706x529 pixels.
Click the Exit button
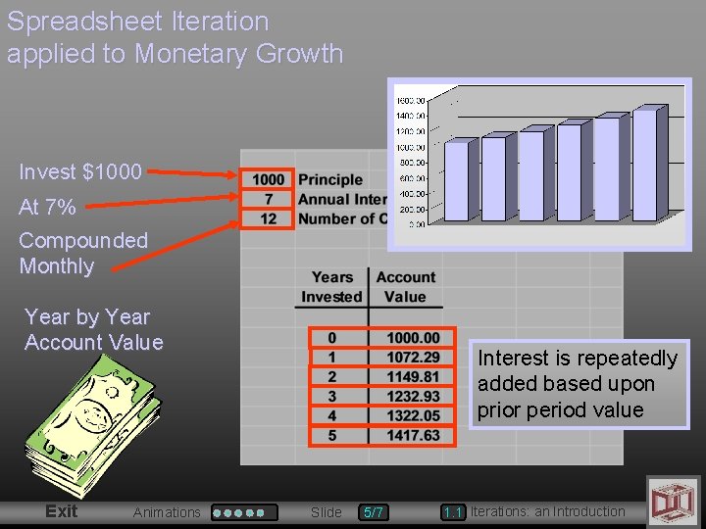(61, 511)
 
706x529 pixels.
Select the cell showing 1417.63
(412, 435)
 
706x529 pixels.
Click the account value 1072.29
(412, 358)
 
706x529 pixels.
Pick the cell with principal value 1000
(268, 179)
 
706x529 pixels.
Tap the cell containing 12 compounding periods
(268, 218)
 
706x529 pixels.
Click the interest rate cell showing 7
(268, 199)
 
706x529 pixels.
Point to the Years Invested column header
(331, 287)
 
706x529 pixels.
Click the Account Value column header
(405, 287)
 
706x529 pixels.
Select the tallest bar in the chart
(644, 165)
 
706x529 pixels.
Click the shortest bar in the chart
(456, 181)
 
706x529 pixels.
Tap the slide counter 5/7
(374, 512)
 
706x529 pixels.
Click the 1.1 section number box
(452, 512)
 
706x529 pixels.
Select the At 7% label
(47, 208)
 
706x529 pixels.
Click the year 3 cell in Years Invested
(331, 396)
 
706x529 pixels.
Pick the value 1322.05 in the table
(412, 415)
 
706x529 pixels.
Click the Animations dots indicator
(244, 512)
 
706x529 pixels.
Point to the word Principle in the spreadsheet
(330, 179)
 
